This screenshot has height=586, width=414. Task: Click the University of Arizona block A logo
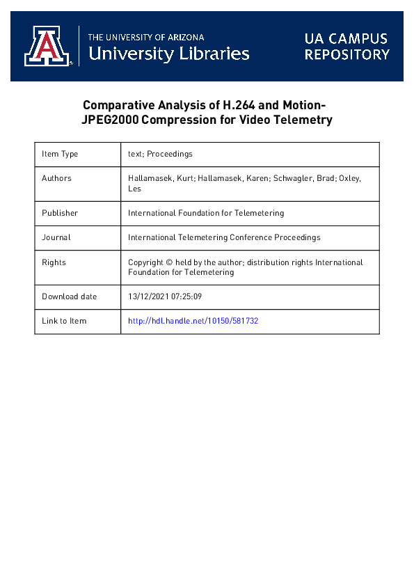click(48, 46)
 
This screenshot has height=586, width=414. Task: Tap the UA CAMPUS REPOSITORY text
click(347, 46)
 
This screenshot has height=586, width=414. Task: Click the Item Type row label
click(60, 154)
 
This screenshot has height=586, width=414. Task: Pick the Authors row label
click(56, 178)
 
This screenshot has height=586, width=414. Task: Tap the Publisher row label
click(60, 213)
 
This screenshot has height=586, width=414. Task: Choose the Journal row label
click(56, 237)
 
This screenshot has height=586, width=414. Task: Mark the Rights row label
click(54, 262)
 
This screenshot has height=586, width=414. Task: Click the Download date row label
click(69, 296)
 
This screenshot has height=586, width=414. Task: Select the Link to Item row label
click(64, 321)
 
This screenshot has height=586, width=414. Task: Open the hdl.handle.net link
click(193, 321)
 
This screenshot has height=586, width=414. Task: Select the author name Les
click(134, 188)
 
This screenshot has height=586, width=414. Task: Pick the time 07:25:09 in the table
click(187, 296)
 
